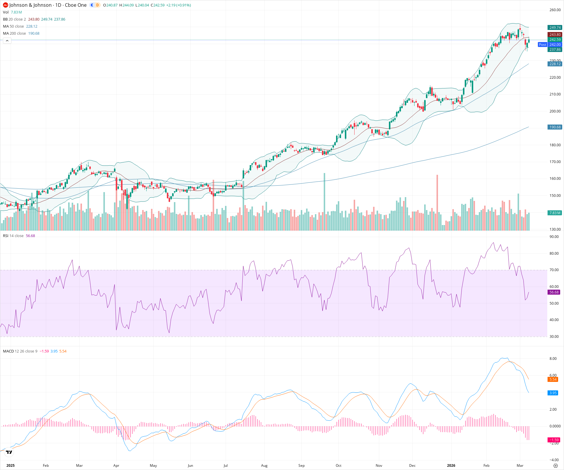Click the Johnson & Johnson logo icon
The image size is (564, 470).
coord(5,5)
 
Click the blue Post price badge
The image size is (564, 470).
coord(542,45)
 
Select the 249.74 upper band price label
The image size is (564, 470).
coord(555,28)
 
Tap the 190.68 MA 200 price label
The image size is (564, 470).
coord(555,127)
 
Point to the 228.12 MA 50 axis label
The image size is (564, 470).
coord(555,64)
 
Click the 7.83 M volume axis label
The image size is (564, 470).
coord(555,213)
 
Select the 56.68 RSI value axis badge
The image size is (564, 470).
coord(554,292)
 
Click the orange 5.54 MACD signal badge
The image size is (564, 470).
coord(553,380)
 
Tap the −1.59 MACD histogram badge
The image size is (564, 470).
coord(554,440)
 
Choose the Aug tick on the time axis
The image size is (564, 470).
coord(264,466)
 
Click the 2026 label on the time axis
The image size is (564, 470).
coord(451,466)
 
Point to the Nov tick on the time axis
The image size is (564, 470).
coord(379,466)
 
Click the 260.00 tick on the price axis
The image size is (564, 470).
coord(555,10)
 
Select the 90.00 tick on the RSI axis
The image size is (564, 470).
coord(554,237)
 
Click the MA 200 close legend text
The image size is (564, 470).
coord(14,33)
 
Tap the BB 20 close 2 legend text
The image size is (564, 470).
coord(14,19)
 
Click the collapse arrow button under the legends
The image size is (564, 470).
coord(7,41)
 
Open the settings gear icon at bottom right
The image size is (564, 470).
coord(555,466)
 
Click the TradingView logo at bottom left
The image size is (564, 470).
coord(9,452)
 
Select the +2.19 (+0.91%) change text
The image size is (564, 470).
coord(178,5)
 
